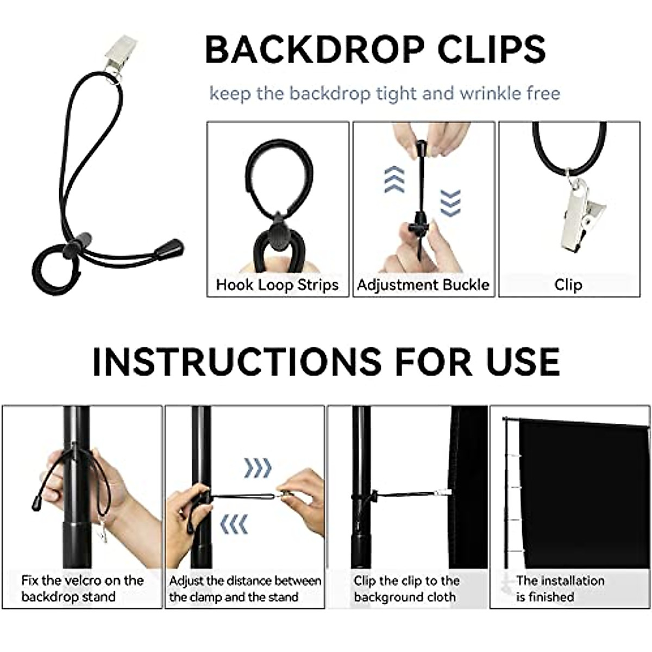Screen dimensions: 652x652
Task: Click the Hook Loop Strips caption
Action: [x=277, y=285]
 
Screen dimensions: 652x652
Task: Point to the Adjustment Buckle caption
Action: [x=423, y=285]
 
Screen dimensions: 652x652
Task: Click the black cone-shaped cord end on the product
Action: [x=170, y=249]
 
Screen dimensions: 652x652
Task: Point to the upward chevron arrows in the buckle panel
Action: [x=394, y=180]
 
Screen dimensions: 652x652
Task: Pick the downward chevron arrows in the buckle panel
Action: [x=450, y=202]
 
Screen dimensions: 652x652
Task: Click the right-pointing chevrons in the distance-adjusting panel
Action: [x=258, y=467]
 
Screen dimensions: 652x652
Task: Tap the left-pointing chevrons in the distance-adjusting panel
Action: [x=234, y=524]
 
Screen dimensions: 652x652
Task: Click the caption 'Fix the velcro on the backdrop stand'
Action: [x=82, y=588]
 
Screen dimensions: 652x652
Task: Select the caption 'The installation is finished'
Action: [x=560, y=588]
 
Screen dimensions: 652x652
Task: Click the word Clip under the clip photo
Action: [x=568, y=285]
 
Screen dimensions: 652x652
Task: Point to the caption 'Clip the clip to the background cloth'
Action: [x=406, y=588]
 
